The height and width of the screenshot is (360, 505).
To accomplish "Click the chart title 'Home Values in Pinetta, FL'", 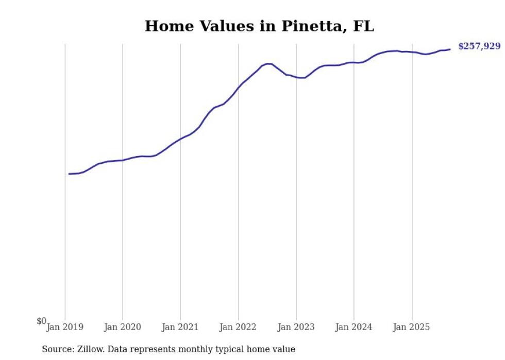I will click(x=259, y=26).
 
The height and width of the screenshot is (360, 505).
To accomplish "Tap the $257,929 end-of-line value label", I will click(x=479, y=46).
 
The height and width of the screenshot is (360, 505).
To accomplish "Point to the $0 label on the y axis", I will click(x=41, y=321).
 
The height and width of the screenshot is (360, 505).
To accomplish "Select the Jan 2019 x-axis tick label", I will click(x=65, y=327).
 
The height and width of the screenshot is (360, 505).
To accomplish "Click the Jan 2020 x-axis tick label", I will click(x=123, y=327).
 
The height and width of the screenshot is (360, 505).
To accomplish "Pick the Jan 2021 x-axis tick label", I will click(x=180, y=327).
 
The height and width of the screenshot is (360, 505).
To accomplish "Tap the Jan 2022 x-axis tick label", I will click(x=238, y=327).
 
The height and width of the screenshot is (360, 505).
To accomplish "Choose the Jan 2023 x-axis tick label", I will click(x=296, y=327).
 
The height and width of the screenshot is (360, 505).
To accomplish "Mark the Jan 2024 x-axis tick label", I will click(x=353, y=327).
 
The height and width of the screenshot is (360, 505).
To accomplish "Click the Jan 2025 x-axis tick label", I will click(x=412, y=327).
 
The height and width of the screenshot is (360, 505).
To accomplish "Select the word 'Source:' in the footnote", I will click(x=57, y=349).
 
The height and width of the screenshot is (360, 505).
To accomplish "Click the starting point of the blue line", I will click(x=69, y=174).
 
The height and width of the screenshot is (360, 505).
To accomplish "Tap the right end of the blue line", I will click(x=450, y=49).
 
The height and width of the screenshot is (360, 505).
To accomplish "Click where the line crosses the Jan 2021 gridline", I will click(x=180, y=139).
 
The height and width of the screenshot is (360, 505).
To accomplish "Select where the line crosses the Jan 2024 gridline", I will click(x=354, y=62).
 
